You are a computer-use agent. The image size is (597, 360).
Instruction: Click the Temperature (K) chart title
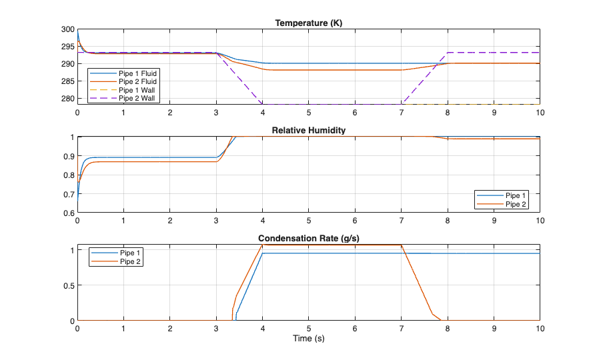[308, 23]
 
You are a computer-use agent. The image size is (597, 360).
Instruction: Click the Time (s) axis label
[308, 339]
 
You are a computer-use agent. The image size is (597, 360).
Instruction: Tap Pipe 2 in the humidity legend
[516, 204]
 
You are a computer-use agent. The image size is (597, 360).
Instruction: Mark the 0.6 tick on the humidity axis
[68, 213]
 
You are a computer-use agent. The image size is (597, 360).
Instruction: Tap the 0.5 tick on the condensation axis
[68, 285]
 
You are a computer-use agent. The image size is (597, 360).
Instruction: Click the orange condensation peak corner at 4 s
[263, 245]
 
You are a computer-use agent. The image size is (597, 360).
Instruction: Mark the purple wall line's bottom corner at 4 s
[263, 104]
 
